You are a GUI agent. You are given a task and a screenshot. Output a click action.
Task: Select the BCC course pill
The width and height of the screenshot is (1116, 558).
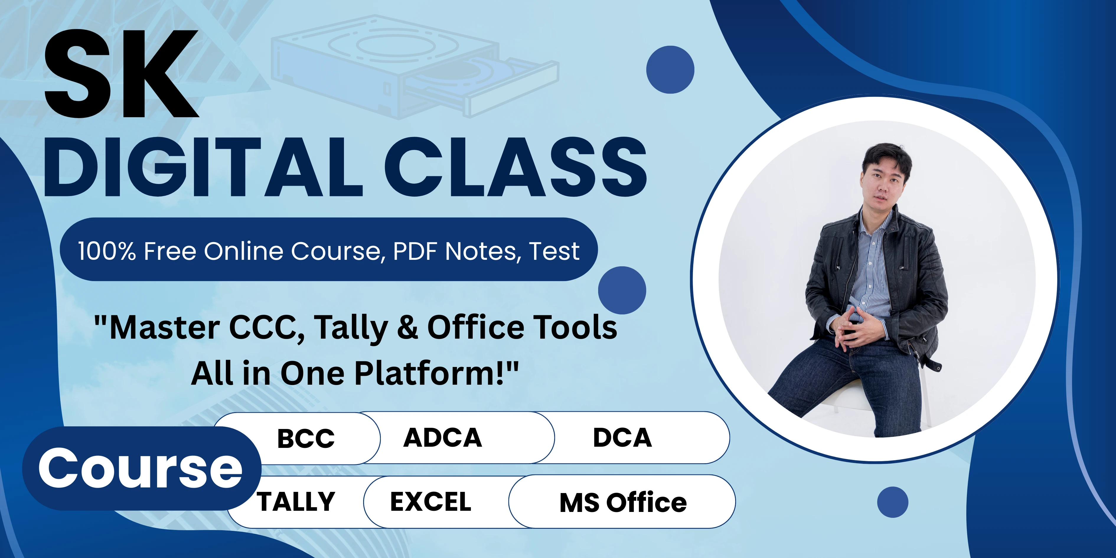coord(306,438)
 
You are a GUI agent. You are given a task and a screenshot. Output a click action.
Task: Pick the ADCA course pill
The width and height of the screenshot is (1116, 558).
coord(443,438)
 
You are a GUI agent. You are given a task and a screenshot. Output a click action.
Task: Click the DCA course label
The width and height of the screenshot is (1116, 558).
coord(622,438)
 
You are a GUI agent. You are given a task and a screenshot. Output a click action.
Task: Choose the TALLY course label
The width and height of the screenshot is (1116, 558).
coord(296,502)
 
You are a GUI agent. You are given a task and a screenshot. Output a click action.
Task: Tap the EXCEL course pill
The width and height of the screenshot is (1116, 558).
coord(431,502)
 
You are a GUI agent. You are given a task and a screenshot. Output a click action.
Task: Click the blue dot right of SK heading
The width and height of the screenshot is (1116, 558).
coord(670,69)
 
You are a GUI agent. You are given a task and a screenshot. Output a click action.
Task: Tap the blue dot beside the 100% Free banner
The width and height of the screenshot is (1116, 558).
coord(622,290)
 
